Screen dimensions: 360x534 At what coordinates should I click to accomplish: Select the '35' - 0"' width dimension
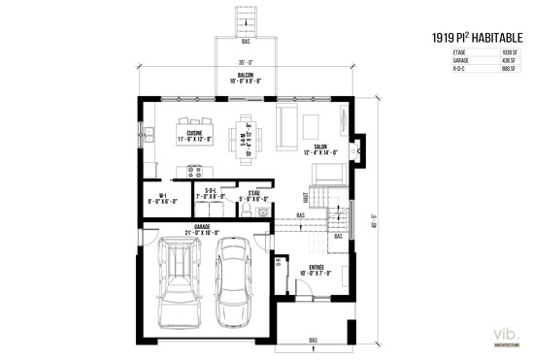point(246,64)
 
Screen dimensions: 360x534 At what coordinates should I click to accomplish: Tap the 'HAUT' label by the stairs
point(306,196)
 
